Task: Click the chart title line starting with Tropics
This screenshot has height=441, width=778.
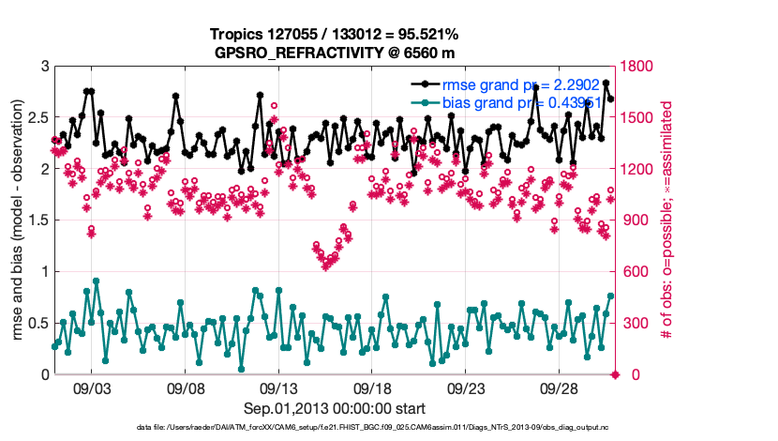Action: (335, 34)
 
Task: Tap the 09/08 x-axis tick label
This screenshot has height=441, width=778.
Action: (186, 388)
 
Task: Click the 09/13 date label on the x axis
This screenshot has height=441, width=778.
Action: (279, 388)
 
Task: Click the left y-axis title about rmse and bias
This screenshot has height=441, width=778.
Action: (16, 220)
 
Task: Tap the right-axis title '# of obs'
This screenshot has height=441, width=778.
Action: (668, 220)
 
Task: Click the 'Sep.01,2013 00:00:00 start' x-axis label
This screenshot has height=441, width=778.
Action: (335, 408)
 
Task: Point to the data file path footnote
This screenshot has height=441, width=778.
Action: (335, 429)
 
